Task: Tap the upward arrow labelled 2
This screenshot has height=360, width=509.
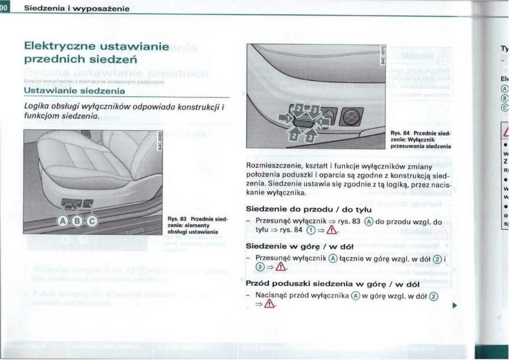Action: [x=295, y=136]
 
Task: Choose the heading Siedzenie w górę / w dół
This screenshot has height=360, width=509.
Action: [x=299, y=246]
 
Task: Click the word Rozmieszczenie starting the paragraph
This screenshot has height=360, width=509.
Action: [x=271, y=166]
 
